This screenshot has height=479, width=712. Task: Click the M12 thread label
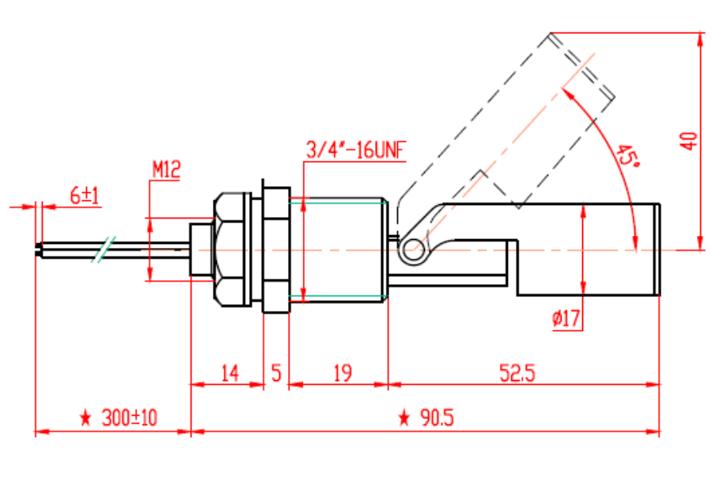pos(166,169)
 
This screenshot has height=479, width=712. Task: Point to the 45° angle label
pos(628,155)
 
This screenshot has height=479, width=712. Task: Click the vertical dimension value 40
pos(690,141)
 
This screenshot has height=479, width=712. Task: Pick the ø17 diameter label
pos(566,319)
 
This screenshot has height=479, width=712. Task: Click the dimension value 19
pos(342,372)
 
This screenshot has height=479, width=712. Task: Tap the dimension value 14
pos(229,372)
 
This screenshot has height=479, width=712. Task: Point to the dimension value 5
pos(276,372)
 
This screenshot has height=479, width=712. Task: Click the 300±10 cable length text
pos(129,418)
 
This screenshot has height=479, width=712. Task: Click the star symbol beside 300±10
pos(86,418)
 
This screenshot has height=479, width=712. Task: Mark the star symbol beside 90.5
pos(404,418)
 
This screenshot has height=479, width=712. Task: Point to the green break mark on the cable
pos(101,250)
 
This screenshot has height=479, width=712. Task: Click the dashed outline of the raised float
pos(506,119)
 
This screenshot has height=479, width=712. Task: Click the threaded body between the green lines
pos(338,249)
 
